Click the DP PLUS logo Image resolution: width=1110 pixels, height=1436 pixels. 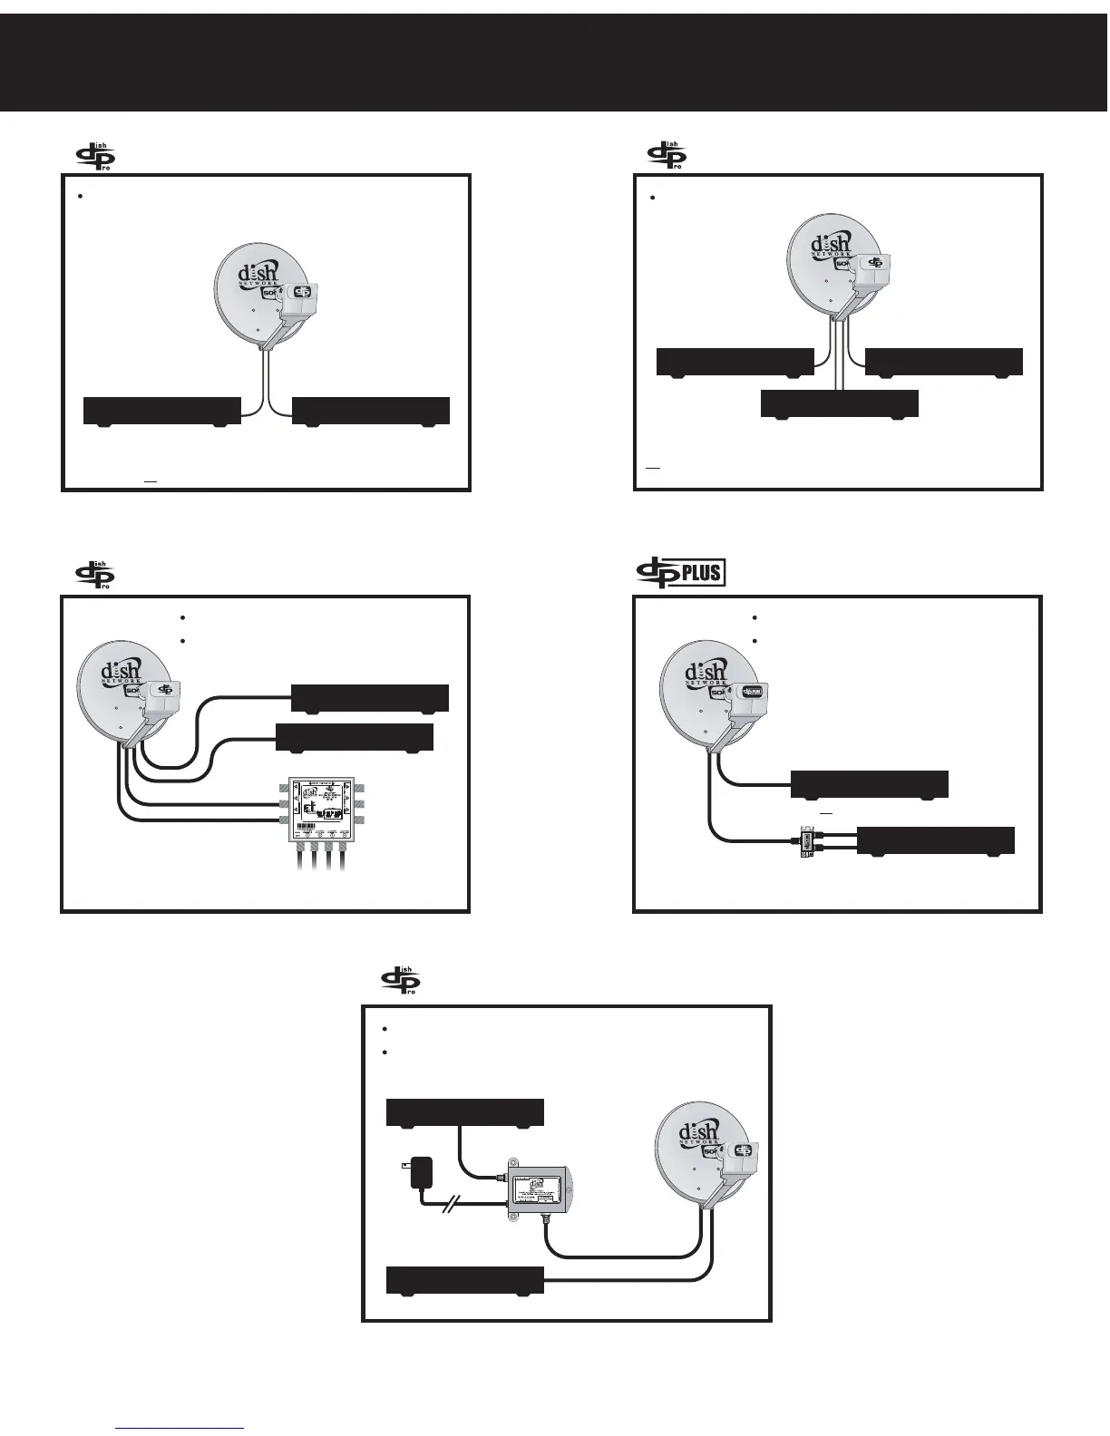pos(680,573)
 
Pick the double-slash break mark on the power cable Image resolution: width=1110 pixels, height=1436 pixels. pos(453,1204)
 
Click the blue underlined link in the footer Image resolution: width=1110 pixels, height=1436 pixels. pos(180,1428)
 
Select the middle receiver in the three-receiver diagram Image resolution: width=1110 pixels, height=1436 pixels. pos(839,403)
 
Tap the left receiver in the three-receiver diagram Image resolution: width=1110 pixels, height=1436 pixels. pos(735,361)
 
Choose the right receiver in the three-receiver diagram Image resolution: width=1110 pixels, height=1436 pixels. pos(944,361)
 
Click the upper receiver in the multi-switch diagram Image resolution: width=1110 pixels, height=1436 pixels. pos(369,698)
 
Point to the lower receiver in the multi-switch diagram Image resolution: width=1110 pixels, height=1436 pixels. pos(354,737)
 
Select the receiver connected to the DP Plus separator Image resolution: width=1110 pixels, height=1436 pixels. pos(935,840)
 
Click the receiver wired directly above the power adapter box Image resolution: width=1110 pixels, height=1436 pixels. pos(464,1111)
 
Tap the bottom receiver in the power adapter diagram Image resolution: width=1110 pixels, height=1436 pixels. pos(464,1280)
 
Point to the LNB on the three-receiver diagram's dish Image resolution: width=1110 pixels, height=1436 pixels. pos(872,263)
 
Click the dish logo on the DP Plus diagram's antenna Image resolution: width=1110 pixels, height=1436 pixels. pos(705,673)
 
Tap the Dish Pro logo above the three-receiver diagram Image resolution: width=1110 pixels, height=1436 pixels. pos(667,155)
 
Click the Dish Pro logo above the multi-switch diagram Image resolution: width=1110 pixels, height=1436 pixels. pos(94,575)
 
